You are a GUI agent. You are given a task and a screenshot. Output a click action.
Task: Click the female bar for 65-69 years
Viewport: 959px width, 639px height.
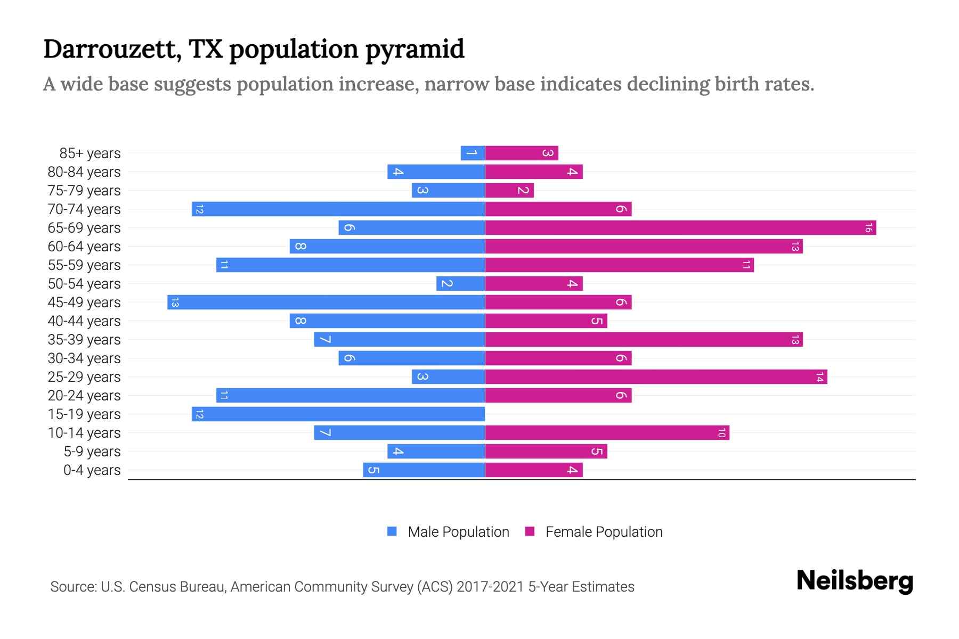coord(680,228)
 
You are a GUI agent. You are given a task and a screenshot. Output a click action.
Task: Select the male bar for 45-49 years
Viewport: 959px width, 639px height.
coord(326,302)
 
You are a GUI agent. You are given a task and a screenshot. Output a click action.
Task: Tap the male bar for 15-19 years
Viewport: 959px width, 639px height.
coord(338,414)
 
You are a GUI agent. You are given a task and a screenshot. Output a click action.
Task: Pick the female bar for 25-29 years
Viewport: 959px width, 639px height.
coord(656,377)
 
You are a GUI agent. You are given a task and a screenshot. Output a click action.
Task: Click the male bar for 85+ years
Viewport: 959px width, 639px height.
coord(473,153)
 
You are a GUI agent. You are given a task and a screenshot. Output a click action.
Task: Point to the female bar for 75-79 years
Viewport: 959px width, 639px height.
coord(509,191)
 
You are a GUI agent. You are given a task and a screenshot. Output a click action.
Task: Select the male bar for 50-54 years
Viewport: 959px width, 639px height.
coord(460,284)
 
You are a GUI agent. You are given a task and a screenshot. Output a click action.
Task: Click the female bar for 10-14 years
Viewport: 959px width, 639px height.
coord(607,433)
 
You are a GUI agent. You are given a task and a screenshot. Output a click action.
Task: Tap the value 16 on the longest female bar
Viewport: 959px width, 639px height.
coord(868,228)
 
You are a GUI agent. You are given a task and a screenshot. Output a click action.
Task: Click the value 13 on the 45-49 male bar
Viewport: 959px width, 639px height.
coord(175,302)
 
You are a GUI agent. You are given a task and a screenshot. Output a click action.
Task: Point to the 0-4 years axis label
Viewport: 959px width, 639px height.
coord(92,470)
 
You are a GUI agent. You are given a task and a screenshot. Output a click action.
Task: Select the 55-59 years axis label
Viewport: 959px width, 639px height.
coord(84,265)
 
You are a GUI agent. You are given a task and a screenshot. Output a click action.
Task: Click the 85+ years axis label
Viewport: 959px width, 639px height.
coord(90,153)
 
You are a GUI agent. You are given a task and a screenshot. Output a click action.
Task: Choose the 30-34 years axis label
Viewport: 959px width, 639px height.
coord(84,358)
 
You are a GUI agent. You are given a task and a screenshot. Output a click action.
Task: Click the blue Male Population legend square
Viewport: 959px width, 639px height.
coord(392,531)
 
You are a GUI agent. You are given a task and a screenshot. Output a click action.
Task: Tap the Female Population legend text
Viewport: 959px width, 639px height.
coord(604,531)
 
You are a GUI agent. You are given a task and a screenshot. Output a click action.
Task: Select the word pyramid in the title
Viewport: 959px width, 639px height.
coord(415,50)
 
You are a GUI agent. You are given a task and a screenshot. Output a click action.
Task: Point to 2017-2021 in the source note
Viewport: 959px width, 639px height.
coord(490,587)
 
